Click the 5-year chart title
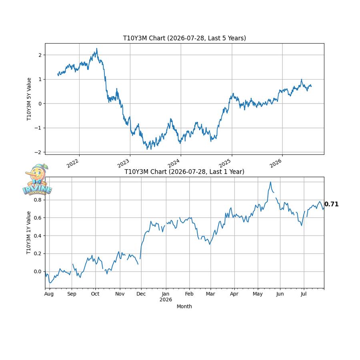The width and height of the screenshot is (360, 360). point(184,38)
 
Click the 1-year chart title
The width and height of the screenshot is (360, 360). point(184,172)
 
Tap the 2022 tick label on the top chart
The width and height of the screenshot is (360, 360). point(72,163)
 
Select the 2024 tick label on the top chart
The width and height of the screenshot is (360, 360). point(174,163)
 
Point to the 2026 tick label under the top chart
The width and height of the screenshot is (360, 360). point(276,163)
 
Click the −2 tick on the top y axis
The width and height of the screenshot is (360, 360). point(38,152)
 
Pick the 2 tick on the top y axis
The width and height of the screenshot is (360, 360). point(40,55)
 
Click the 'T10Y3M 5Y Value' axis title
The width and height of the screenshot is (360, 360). point(29,99)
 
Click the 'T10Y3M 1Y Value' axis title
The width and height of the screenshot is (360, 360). point(28,232)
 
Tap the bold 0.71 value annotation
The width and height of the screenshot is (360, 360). point(331,204)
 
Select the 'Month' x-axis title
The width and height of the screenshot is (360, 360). point(184,306)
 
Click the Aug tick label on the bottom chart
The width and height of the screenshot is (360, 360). point(49,294)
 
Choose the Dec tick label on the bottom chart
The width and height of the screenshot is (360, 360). point(141,294)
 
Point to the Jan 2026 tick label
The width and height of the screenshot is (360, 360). point(166,297)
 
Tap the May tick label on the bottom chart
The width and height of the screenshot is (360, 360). point(258,294)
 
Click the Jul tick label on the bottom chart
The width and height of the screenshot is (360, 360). point(304,294)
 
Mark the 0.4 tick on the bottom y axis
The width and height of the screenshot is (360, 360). point(38,236)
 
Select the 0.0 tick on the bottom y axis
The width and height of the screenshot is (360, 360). point(38,272)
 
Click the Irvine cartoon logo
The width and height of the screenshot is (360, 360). point(37,180)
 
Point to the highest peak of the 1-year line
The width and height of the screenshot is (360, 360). point(270,182)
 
